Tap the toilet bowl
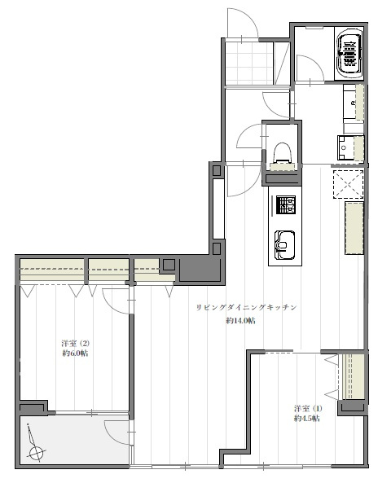(x=282, y=153)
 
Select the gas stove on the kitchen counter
(x=286, y=204)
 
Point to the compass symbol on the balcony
(x=35, y=445)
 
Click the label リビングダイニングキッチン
(x=247, y=307)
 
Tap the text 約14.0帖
(x=240, y=321)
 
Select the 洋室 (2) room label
(x=76, y=343)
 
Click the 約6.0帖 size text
(x=76, y=353)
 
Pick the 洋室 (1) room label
(x=308, y=408)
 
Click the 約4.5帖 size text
(x=307, y=419)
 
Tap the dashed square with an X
(x=348, y=183)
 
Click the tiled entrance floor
(x=249, y=63)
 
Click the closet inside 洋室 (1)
(x=354, y=377)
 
